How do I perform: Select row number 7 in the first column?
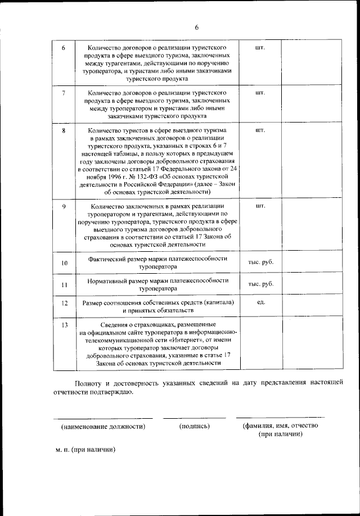pos(64,92)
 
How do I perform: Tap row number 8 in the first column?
pos(64,130)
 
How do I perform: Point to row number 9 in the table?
pos(64,206)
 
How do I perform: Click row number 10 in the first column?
pos(64,263)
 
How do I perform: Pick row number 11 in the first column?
pos(64,284)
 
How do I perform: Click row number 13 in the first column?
pos(64,325)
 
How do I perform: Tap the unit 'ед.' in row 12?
pos(260,302)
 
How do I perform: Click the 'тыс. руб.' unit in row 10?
pos(260,262)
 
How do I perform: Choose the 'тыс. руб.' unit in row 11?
pos(260,284)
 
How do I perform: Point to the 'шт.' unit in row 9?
pos(260,206)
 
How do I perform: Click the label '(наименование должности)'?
pos(103,426)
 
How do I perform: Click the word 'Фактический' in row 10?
pos(109,259)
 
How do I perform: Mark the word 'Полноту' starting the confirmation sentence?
pos(87,382)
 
